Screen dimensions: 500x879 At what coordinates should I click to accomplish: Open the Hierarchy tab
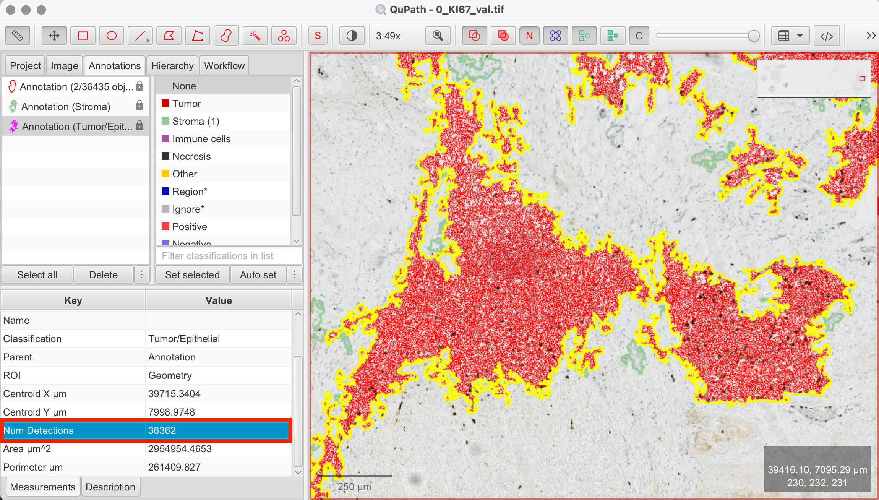(x=172, y=66)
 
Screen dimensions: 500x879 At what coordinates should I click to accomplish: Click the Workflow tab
(x=224, y=66)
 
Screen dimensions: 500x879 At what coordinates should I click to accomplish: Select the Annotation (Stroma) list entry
(x=66, y=107)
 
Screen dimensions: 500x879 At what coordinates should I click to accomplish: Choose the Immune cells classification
(x=201, y=139)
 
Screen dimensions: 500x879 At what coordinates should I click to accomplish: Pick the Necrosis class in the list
(x=191, y=156)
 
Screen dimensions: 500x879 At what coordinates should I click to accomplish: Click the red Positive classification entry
(x=189, y=227)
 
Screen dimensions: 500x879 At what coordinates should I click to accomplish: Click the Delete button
(x=103, y=275)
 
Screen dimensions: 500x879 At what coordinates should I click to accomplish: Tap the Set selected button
(x=192, y=275)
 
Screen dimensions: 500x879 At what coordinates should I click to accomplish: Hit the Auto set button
(x=258, y=275)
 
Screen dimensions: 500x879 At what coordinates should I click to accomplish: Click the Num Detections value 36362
(x=162, y=430)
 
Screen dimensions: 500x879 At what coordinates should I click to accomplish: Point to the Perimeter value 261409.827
(x=174, y=467)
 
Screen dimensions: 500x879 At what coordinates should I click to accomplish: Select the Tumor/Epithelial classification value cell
(x=184, y=339)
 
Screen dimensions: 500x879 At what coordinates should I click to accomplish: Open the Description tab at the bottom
(x=110, y=487)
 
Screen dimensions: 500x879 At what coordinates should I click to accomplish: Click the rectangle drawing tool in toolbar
(x=83, y=36)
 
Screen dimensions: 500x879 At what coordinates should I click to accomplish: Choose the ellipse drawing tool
(x=112, y=36)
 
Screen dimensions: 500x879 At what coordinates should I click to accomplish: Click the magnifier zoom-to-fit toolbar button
(x=438, y=36)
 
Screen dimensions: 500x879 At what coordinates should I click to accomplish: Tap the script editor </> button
(x=827, y=36)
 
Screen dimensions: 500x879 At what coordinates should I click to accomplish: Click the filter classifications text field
(x=229, y=256)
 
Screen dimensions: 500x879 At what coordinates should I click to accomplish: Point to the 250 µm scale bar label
(x=354, y=487)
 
